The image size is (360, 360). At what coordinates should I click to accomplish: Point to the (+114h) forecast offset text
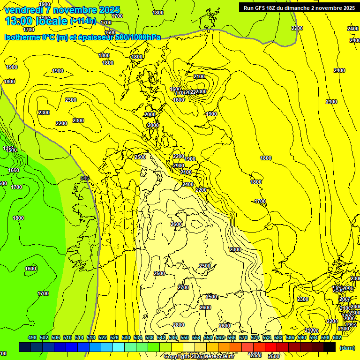[x=83, y=21]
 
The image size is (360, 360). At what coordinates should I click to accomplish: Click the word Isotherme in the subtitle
[x=22, y=37]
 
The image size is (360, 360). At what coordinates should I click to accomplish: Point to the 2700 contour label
[x=183, y=287]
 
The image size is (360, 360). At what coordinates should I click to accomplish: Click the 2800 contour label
[x=179, y=325]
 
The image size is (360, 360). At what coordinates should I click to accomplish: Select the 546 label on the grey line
[x=85, y=178]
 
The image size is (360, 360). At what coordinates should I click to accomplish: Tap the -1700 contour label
[x=259, y=201]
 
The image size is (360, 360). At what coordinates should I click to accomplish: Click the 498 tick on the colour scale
[x=32, y=337]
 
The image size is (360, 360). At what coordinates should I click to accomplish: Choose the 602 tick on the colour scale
[x=337, y=337]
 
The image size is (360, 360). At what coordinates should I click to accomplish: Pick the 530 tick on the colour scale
[x=126, y=337]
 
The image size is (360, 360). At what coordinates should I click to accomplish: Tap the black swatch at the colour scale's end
[x=330, y=347]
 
